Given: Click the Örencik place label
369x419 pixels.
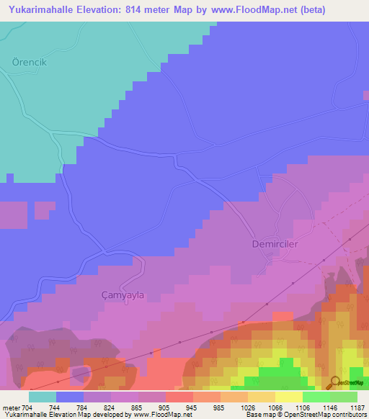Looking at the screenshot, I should pyautogui.click(x=30, y=62).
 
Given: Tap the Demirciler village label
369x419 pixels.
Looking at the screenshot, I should pyautogui.click(x=275, y=244).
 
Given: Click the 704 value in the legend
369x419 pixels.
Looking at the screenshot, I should pyautogui.click(x=27, y=407).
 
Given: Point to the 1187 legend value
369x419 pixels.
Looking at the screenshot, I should pyautogui.click(x=357, y=407).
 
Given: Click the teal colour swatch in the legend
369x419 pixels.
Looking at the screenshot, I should pyautogui.click(x=43, y=397).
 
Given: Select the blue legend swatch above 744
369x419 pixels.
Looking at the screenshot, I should pyautogui.click(x=70, y=397).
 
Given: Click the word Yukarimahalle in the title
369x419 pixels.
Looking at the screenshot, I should pyautogui.click(x=45, y=10).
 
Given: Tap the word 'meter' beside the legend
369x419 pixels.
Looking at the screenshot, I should pyautogui.click(x=11, y=407).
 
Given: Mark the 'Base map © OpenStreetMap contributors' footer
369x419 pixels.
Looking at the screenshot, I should pyautogui.click(x=306, y=415).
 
